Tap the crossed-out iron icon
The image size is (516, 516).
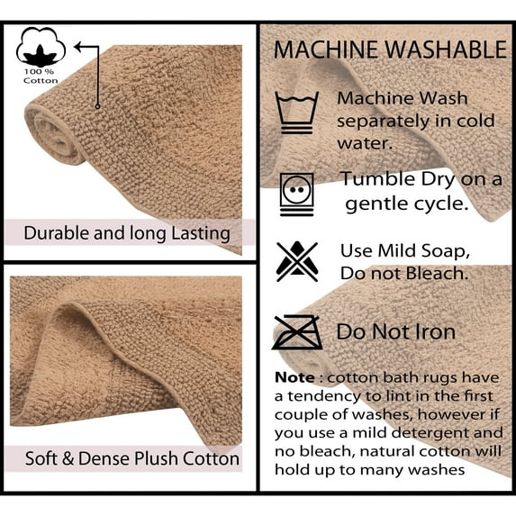(297, 331)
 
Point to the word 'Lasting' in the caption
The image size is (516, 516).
(199, 233)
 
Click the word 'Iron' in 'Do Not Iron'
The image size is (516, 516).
(435, 331)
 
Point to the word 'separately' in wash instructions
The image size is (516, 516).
(378, 120)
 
